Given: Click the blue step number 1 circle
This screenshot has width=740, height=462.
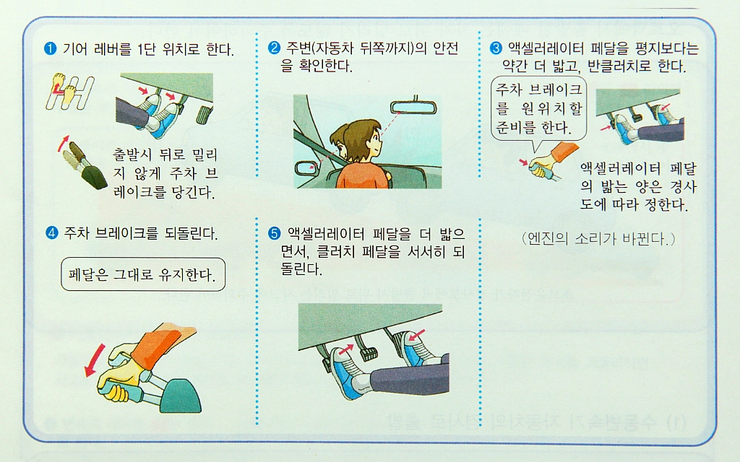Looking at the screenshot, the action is tap(50, 48).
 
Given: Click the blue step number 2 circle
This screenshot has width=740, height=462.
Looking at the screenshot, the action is tap(274, 48).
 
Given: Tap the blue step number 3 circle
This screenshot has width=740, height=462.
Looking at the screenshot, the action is tap(496, 48).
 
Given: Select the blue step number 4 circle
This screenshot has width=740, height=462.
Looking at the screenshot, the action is tap(51, 232).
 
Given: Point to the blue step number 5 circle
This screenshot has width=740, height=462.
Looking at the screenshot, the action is tap(274, 233).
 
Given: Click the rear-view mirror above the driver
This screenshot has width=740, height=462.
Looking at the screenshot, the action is tap(413, 108).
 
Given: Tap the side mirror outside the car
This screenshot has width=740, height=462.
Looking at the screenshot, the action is tap(307, 167).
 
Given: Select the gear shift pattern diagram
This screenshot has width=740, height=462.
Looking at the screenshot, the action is tap(69, 91).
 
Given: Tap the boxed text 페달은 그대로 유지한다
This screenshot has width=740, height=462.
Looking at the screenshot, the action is tap(143, 274).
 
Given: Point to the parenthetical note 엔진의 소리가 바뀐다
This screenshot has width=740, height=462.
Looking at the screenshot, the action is tap(598, 238).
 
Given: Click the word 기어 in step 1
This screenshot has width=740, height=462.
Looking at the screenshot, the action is tap(74, 49).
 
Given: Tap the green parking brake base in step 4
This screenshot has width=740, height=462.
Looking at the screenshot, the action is tap(180, 396).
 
